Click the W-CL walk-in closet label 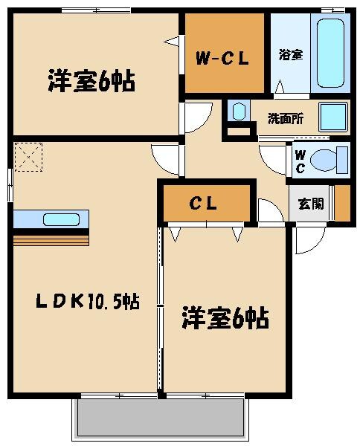pyautogui.click(x=221, y=57)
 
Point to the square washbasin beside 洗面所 pyautogui.click(x=332, y=117)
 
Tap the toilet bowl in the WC pyautogui.click(x=327, y=159)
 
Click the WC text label pyautogui.click(x=299, y=161)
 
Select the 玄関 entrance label pyautogui.click(x=310, y=204)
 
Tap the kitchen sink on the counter pyautogui.click(x=57, y=219)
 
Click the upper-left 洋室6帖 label pyautogui.click(x=91, y=80)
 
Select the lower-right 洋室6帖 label pyautogui.click(x=225, y=319)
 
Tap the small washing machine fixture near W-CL pyautogui.click(x=238, y=112)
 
